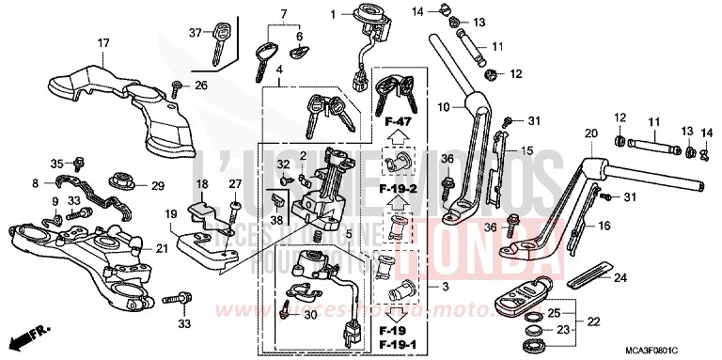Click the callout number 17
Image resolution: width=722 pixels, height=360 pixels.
click(103, 43)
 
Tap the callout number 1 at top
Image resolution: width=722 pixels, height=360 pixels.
click(333, 14)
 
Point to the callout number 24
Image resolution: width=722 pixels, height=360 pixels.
click(619, 277)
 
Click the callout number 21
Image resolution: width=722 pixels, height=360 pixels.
click(162, 248)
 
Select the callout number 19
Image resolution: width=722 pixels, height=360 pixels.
click(171, 215)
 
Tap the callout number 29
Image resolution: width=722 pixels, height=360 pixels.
click(158, 185)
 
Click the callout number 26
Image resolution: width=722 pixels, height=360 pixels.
click(200, 86)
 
